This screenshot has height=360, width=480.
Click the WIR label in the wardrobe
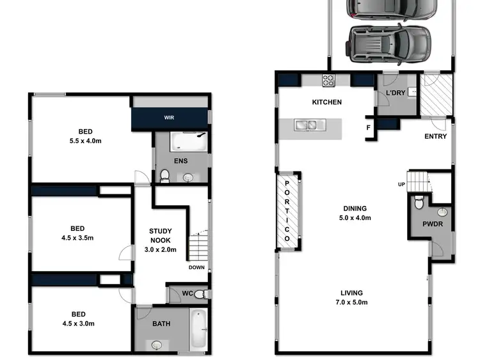170,118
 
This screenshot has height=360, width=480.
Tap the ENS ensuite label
180,160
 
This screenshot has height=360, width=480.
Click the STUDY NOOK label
163,235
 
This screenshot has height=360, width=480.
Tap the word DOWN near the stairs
196,268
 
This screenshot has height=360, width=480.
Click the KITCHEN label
326,102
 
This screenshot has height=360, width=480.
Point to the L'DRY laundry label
394,95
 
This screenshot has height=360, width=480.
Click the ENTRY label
435,136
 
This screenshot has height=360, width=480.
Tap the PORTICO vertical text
287,210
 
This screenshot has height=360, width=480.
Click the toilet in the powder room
419,203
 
